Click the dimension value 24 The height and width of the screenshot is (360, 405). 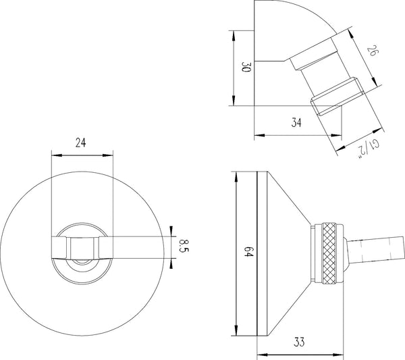pos(80,143)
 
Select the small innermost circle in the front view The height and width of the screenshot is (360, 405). pos(81,260)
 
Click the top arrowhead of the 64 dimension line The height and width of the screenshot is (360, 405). pos(236,175)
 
